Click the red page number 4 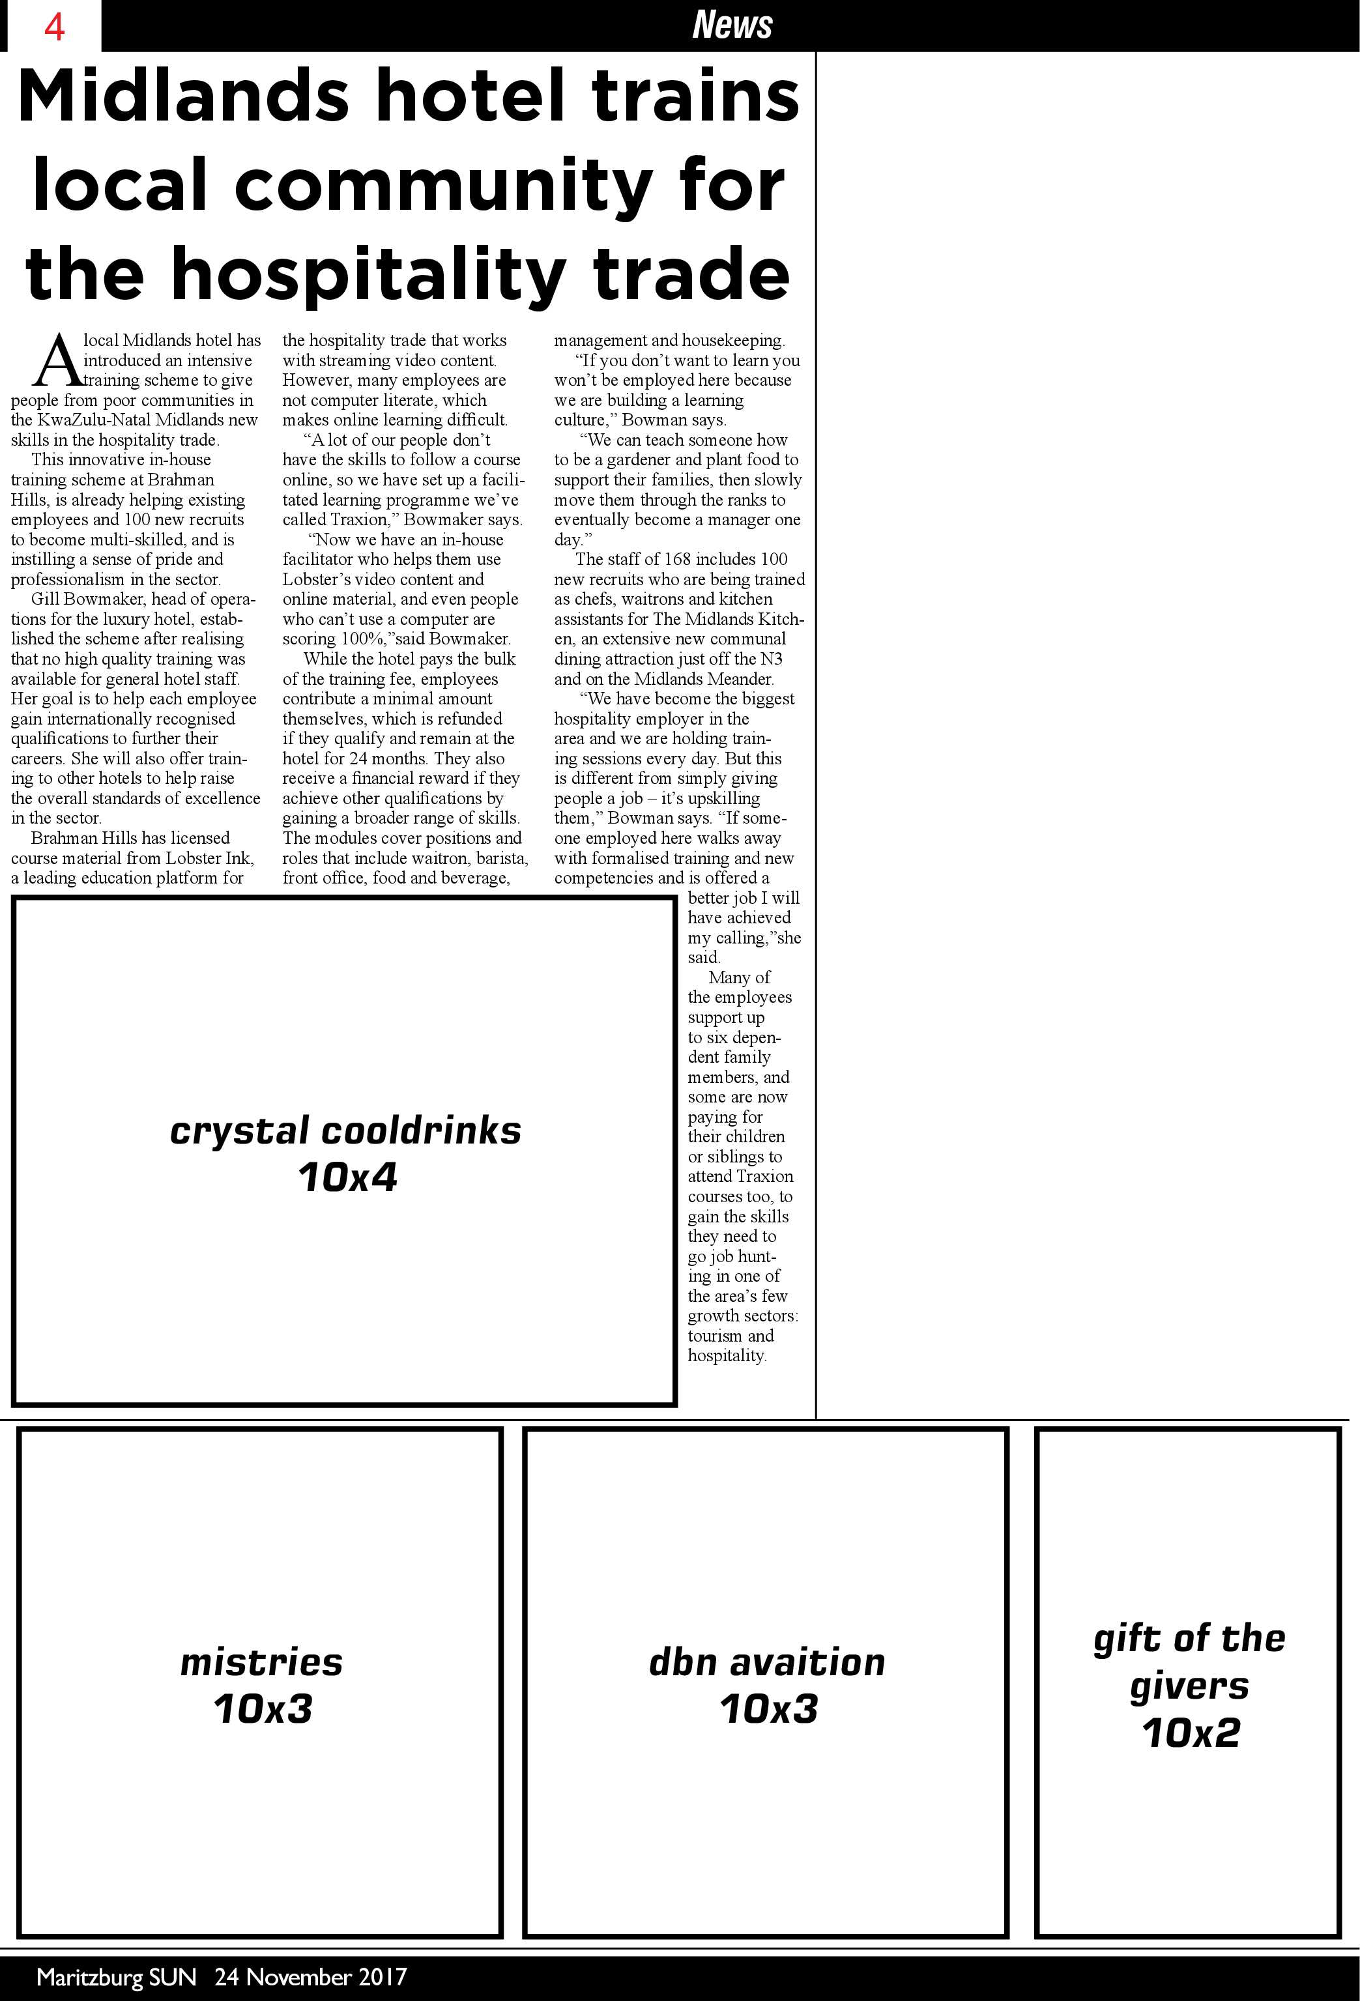[54, 27]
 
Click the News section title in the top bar [732, 24]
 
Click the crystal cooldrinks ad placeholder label [345, 1130]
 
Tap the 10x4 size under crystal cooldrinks [347, 1177]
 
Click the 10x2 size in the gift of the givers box [1191, 1733]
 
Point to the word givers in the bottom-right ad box [1189, 1686]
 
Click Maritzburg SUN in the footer [116, 1976]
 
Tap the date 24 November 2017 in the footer [310, 1976]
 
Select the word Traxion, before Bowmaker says [362, 520]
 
